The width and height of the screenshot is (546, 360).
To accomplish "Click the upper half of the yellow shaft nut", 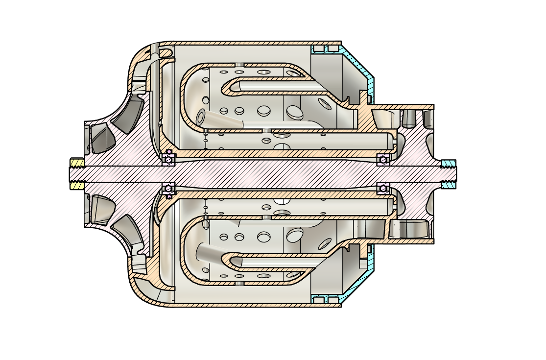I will pyautogui.click(x=77, y=163).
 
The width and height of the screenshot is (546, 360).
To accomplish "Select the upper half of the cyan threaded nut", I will pyautogui.click(x=449, y=163).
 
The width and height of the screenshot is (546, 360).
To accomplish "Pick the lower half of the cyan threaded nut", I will pyautogui.click(x=449, y=185).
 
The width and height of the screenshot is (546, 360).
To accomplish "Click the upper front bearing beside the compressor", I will pyautogui.click(x=168, y=159).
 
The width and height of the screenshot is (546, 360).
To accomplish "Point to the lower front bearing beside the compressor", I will pyautogui.click(x=168, y=189).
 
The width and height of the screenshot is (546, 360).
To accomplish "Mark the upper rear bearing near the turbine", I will pyautogui.click(x=383, y=159).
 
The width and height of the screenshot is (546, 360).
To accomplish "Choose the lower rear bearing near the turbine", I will pyautogui.click(x=383, y=189).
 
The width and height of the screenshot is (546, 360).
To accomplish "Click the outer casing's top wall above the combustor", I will pyautogui.click(x=245, y=43).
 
